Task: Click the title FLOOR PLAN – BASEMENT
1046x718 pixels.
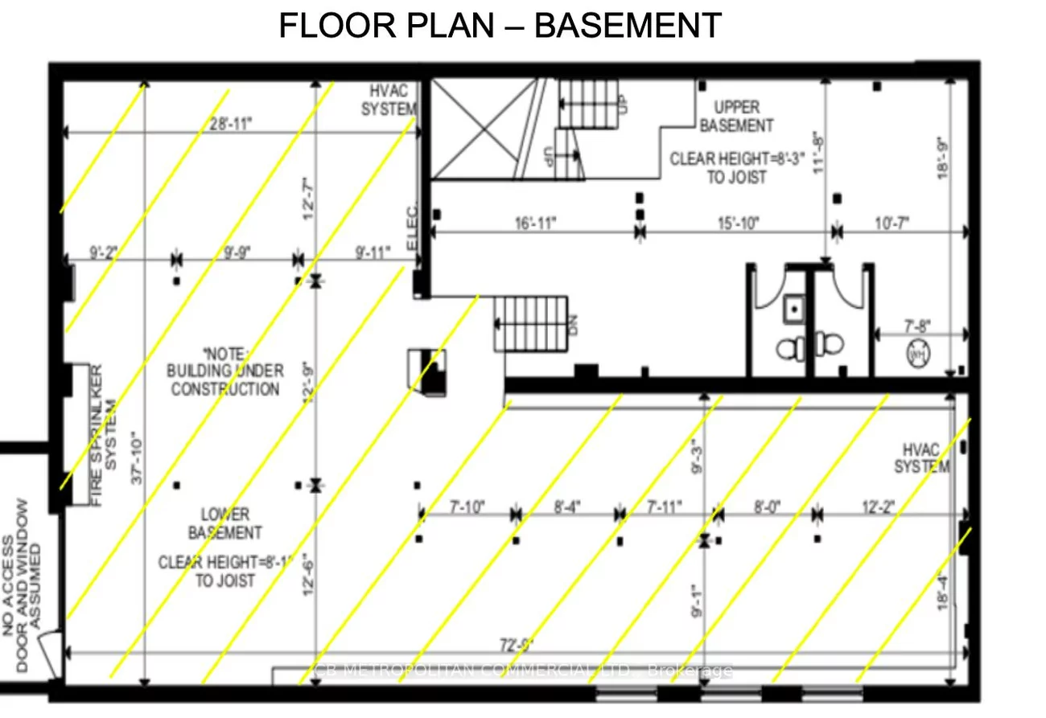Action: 500,26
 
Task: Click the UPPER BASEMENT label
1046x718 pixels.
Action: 736,117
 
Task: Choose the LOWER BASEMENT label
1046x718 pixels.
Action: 224,523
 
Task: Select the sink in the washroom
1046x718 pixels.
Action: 794,309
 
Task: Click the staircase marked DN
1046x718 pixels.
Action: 531,322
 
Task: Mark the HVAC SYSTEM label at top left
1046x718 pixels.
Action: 388,101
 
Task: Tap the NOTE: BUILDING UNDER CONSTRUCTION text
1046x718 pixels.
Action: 224,371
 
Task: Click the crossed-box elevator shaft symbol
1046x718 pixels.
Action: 473,129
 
